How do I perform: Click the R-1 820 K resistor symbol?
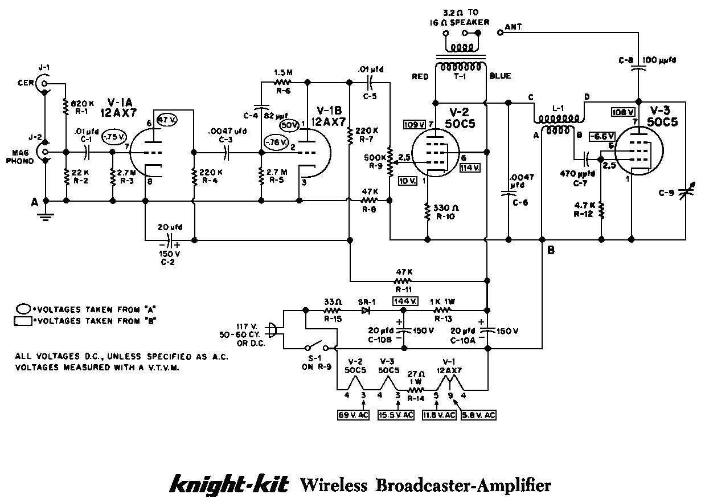(67, 105)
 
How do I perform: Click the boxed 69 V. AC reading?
(354, 415)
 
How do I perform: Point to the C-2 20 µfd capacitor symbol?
(169, 240)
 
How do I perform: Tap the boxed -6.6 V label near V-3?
(603, 136)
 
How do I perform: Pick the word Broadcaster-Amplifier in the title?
(463, 485)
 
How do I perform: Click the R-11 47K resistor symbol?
(403, 280)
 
